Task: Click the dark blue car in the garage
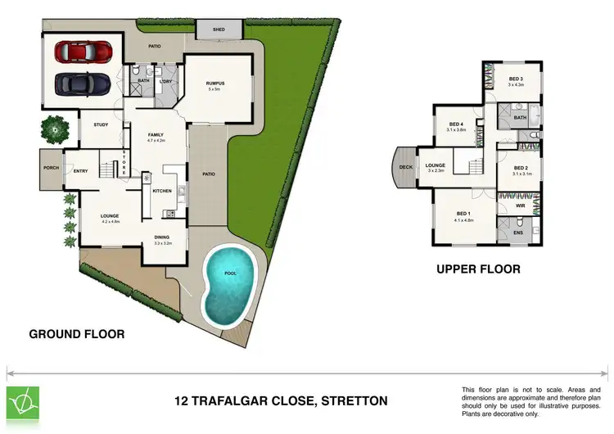pyautogui.click(x=84, y=84)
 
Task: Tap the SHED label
pyautogui.click(x=219, y=29)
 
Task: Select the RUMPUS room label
pyautogui.click(x=215, y=84)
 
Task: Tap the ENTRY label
pyautogui.click(x=80, y=171)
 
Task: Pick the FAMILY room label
pyautogui.click(x=156, y=135)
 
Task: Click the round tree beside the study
pyautogui.click(x=54, y=127)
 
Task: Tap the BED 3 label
pyautogui.click(x=515, y=79)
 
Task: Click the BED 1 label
pyautogui.click(x=463, y=214)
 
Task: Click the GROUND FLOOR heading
pyautogui.click(x=77, y=334)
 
